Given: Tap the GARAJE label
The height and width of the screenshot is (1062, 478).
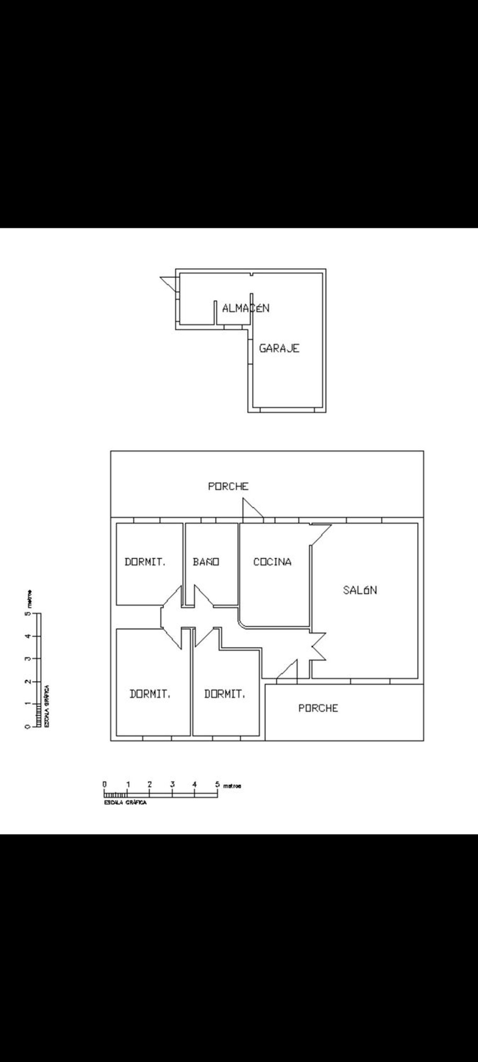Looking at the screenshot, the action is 279,348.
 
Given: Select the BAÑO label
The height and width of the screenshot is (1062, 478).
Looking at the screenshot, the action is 206,561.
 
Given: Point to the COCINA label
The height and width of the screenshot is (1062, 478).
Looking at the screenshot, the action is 272,561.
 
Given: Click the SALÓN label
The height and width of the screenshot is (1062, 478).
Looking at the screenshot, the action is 360,590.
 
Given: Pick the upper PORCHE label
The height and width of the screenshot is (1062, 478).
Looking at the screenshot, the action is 228,487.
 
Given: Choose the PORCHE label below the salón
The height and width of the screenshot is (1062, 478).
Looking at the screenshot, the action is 318,708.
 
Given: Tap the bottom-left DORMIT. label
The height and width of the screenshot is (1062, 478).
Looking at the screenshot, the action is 150,694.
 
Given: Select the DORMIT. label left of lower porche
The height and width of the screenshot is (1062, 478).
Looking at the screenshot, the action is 225,694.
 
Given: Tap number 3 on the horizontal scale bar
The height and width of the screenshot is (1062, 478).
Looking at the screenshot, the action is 172,784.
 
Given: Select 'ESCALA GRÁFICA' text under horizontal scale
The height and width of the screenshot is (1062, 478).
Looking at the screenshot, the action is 125,802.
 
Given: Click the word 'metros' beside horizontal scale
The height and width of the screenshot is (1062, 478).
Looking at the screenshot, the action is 232,786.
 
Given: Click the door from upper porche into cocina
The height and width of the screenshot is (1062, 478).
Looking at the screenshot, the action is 252,508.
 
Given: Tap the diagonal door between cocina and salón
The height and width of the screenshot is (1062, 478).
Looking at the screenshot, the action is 321,535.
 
